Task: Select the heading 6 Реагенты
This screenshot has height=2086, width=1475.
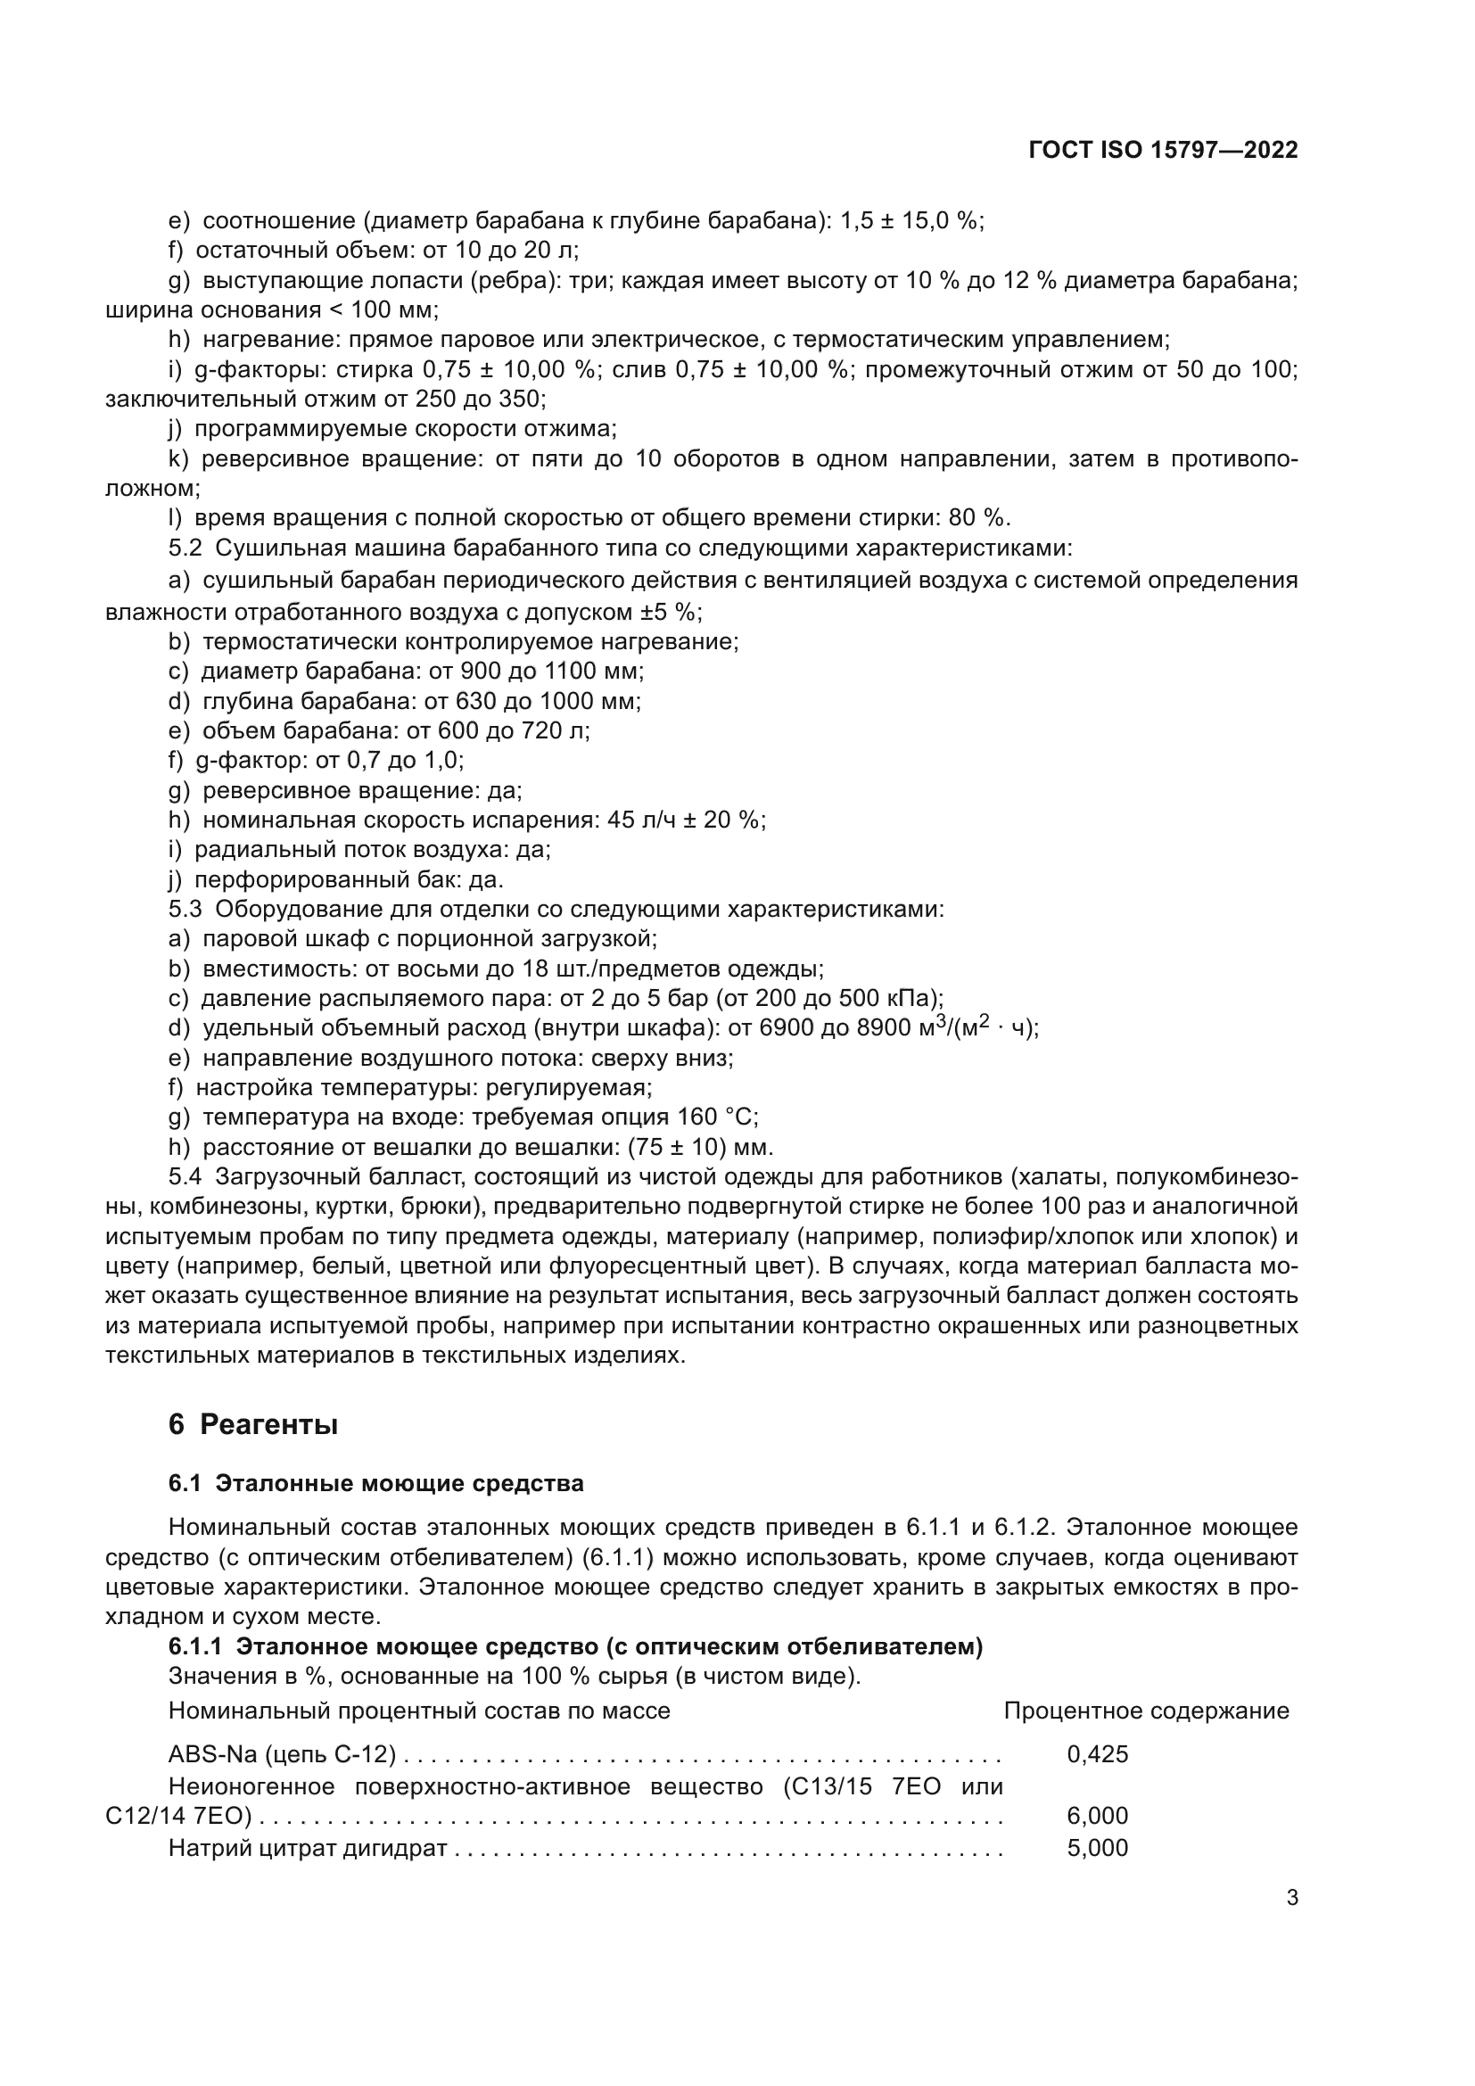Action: (253, 1424)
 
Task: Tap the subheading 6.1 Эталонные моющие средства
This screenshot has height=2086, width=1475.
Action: (376, 1484)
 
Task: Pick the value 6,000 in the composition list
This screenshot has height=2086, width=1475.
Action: (1097, 1816)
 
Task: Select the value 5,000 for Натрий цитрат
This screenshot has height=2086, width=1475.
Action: (1097, 1848)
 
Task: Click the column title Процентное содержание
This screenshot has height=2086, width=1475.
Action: (1146, 1711)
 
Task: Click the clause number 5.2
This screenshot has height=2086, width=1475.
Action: (185, 548)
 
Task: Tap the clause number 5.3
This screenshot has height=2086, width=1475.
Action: (185, 910)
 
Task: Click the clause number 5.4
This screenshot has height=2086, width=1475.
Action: (185, 1177)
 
